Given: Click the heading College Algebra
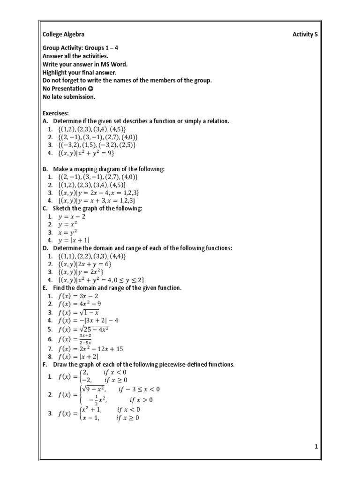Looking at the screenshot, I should (x=64, y=34).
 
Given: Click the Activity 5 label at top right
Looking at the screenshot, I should (x=306, y=34).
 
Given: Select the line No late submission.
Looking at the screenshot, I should (x=69, y=97).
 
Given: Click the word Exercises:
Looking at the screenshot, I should (x=56, y=113).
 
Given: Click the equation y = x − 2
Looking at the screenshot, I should (x=72, y=217).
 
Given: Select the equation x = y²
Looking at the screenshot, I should (x=68, y=232).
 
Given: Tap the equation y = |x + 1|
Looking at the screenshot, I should (x=74, y=240).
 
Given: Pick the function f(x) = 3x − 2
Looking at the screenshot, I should (x=78, y=296).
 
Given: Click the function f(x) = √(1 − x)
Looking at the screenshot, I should (x=78, y=312).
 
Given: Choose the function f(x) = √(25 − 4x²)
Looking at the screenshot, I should (x=83, y=329).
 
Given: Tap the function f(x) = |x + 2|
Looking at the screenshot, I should (x=78, y=356).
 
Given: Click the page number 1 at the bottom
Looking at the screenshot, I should (x=316, y=447).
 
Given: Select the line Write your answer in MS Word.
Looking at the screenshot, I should (x=85, y=64).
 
